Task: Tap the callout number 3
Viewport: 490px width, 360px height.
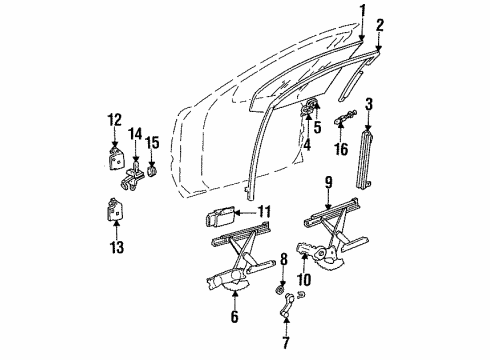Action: tap(369, 103)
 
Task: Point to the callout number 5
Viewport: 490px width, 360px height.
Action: tap(317, 127)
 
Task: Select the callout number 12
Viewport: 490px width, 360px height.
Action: tap(112, 123)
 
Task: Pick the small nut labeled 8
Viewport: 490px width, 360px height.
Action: tap(283, 291)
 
